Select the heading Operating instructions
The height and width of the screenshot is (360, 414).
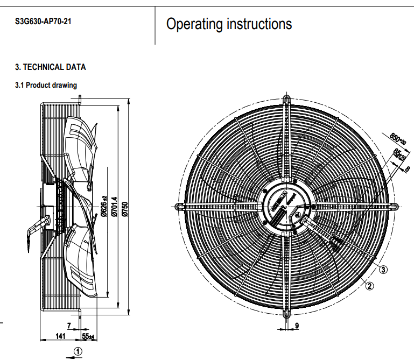(x=229, y=24)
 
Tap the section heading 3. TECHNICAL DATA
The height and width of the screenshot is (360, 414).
(x=50, y=67)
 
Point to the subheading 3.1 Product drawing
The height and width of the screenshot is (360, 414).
(x=46, y=85)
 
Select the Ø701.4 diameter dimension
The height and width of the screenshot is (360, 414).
(x=114, y=207)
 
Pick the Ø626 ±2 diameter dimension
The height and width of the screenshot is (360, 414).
(x=104, y=207)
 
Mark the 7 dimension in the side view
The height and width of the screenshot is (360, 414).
(x=69, y=326)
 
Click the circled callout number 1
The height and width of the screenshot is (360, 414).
(x=78, y=351)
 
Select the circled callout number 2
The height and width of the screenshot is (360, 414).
(x=369, y=286)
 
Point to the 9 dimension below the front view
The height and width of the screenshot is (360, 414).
(x=297, y=326)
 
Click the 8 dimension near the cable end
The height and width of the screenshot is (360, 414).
(x=408, y=169)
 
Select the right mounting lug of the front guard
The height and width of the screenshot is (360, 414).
(x=395, y=206)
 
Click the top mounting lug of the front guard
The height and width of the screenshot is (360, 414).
(x=286, y=100)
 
